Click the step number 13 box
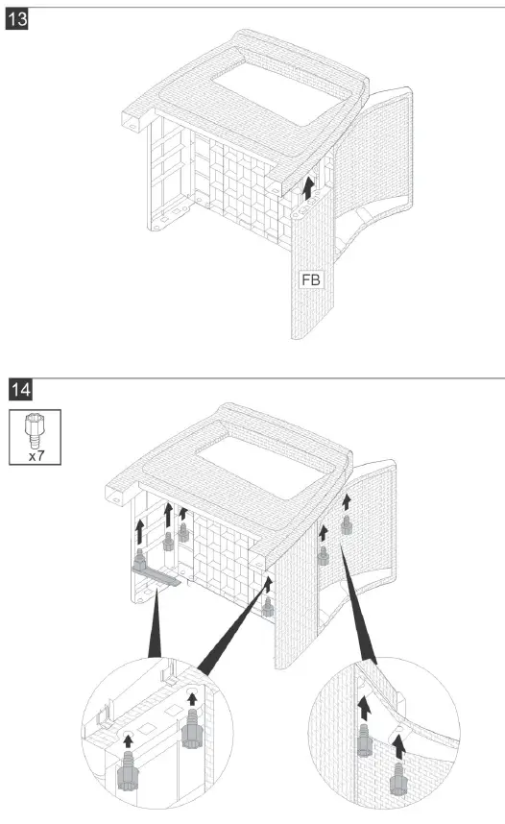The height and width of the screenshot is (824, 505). (19, 19)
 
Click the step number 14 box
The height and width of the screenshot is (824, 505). (19, 389)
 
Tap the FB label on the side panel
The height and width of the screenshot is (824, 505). (311, 280)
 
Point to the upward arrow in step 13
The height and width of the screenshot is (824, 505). (307, 186)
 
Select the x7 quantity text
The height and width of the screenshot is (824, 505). (36, 457)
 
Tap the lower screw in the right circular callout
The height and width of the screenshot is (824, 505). (398, 772)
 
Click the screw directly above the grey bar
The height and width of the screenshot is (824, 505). (142, 559)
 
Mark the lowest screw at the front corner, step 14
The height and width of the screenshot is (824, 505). (268, 608)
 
